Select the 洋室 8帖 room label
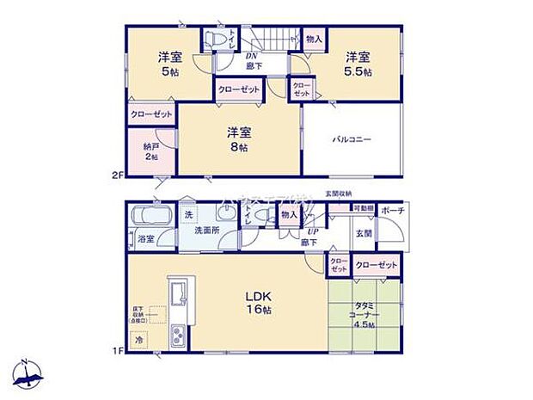click(238, 139)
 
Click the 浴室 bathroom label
click(145, 239)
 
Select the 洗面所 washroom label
click(206, 231)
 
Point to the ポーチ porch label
click(393, 212)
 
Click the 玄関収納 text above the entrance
click(338, 194)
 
